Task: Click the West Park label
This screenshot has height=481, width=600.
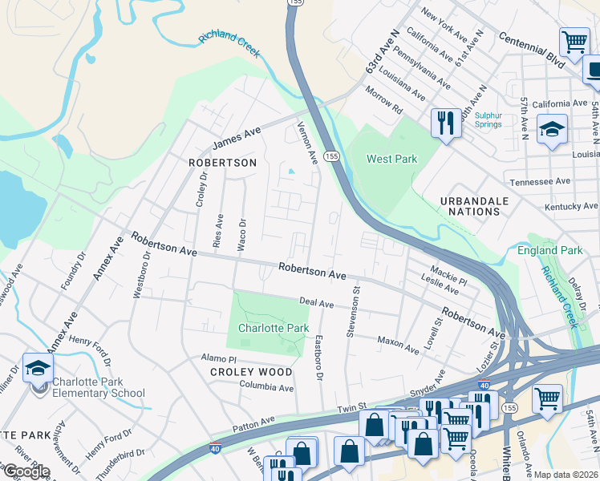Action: (391, 159)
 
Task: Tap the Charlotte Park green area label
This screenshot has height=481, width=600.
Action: (274, 328)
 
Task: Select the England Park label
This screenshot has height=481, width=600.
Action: (549, 250)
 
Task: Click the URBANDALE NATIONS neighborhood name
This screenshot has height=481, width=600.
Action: (469, 205)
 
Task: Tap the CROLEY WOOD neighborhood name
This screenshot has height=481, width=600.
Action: (251, 372)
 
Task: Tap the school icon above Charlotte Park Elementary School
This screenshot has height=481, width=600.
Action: (38, 368)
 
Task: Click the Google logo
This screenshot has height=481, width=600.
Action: (26, 471)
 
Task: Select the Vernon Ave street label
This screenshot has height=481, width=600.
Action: (307, 142)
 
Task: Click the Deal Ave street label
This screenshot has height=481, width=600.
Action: (316, 303)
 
